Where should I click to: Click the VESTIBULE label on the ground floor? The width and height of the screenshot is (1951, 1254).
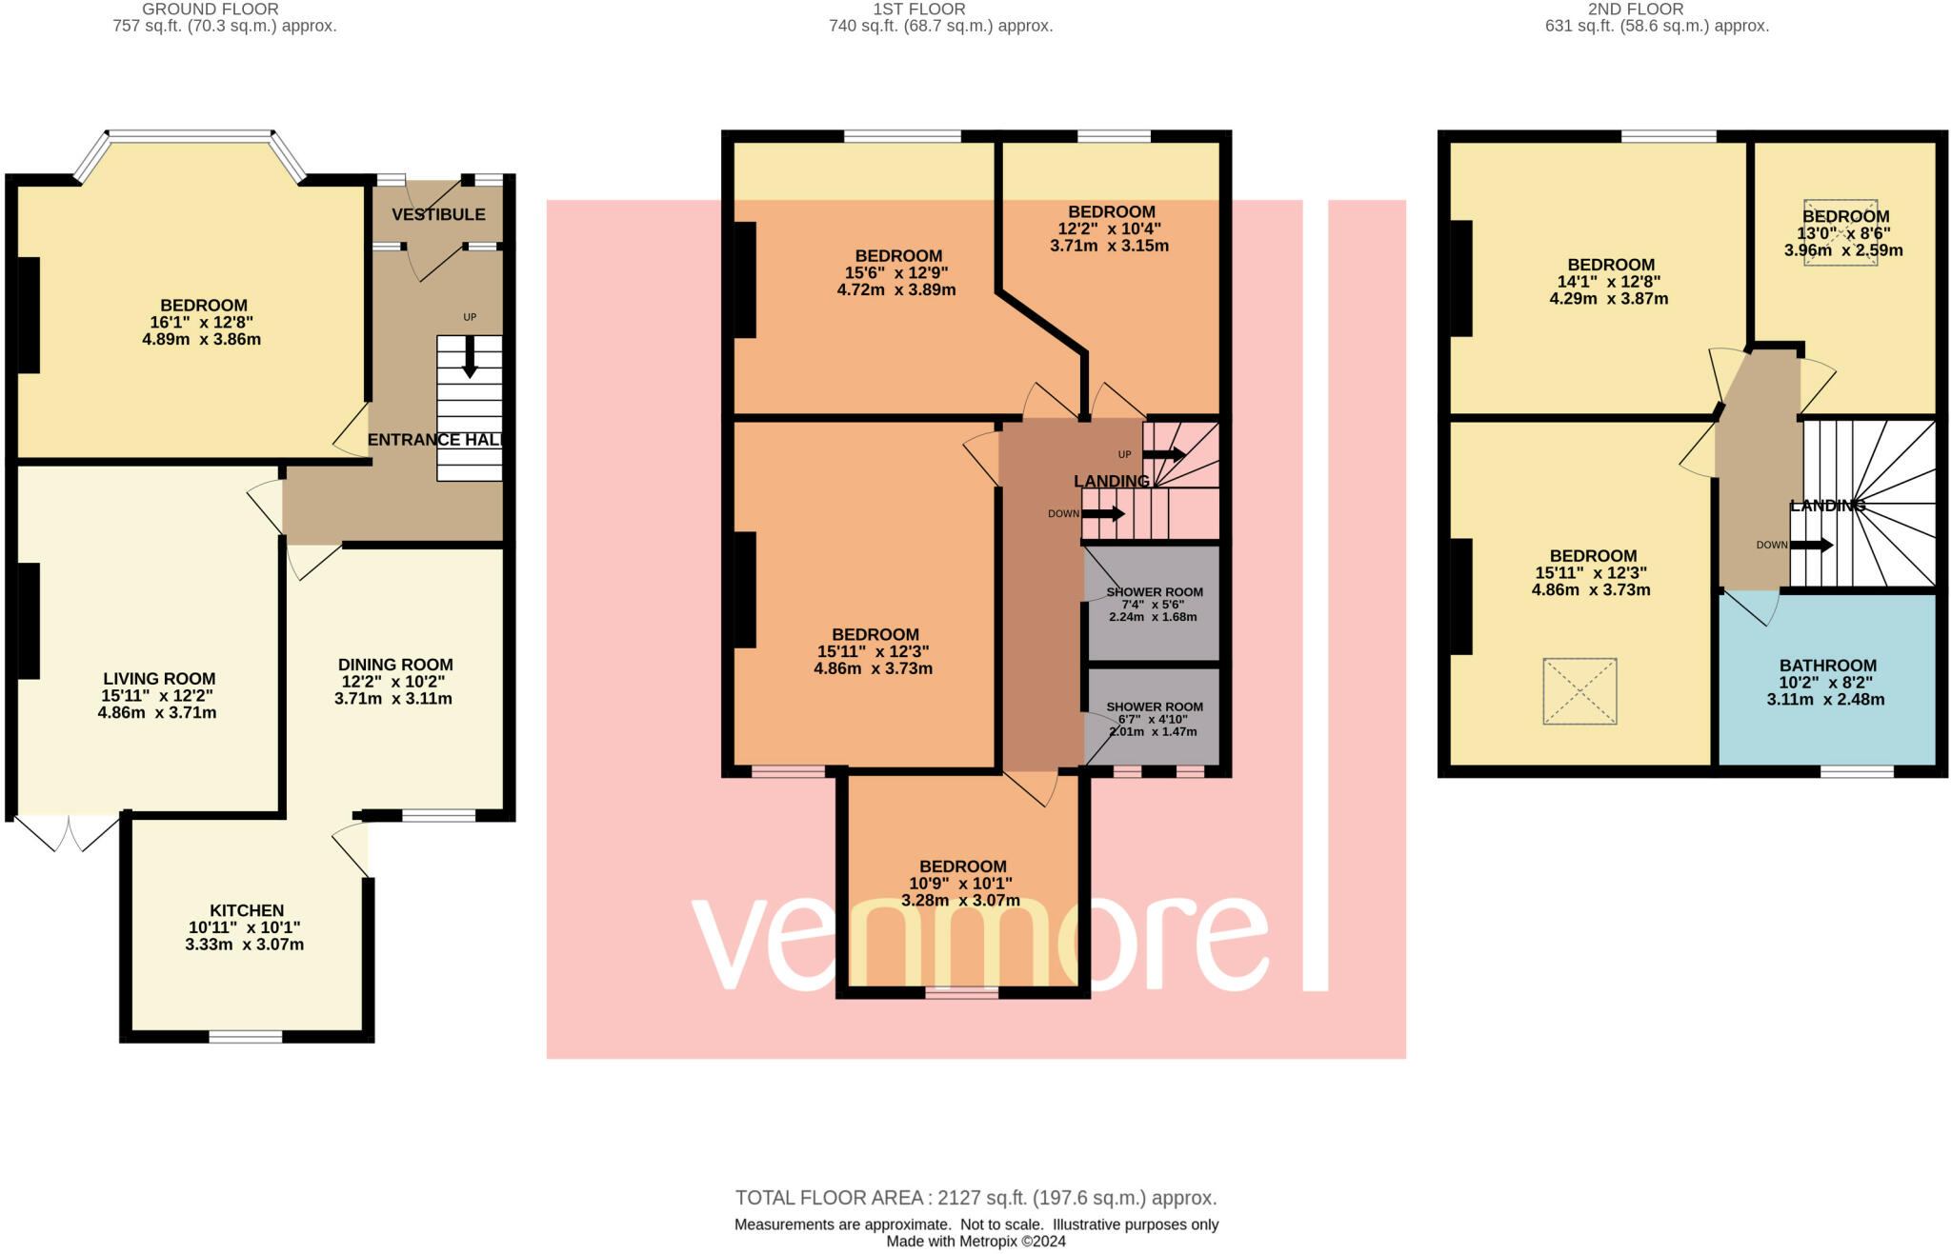(438, 214)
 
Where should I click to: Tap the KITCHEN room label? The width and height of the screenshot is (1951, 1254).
(247, 910)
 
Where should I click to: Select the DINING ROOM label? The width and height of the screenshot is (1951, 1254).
(395, 665)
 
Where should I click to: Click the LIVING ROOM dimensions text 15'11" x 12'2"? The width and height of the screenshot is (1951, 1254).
(159, 696)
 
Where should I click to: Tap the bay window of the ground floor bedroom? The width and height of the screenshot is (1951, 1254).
(191, 137)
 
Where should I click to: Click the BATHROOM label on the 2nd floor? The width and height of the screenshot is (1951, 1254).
(1827, 666)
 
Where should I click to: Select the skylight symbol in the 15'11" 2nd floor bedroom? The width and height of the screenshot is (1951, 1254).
(1579, 691)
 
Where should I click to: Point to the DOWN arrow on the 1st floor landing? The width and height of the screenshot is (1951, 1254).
(1102, 514)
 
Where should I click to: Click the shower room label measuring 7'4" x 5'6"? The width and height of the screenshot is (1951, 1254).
(1154, 592)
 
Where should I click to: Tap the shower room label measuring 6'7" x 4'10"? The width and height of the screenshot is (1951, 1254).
(1154, 707)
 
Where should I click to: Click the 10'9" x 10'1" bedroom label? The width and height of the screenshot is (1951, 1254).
(962, 866)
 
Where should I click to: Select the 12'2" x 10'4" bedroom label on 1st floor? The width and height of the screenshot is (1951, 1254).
(1111, 212)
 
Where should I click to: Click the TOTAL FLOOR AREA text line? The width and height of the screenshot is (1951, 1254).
(975, 1198)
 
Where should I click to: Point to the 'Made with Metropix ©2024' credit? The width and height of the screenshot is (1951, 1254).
(975, 1242)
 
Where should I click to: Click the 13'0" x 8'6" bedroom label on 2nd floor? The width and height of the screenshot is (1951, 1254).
(1844, 217)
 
